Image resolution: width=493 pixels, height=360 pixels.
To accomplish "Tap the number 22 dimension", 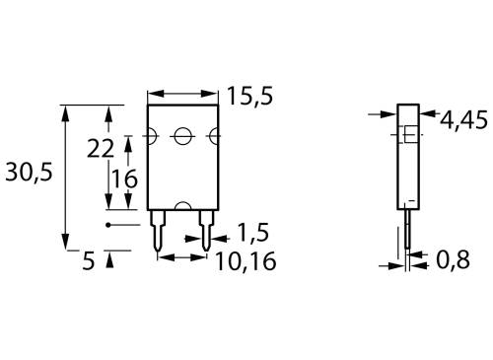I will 101,149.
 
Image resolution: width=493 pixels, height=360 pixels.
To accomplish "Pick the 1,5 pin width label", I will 252,233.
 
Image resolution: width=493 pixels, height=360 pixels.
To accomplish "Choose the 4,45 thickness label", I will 462,120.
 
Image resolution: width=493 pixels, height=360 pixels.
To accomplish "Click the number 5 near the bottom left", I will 88,262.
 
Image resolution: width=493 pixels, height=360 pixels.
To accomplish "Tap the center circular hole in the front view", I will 181,136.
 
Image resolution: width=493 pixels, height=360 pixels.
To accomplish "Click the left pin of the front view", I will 158,229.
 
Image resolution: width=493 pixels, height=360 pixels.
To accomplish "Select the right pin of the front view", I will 205,229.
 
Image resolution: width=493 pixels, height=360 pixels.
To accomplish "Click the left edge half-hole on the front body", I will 151,136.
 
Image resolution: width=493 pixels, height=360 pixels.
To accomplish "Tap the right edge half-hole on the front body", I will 214,136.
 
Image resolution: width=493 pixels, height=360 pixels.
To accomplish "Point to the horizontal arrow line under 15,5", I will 181,96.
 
